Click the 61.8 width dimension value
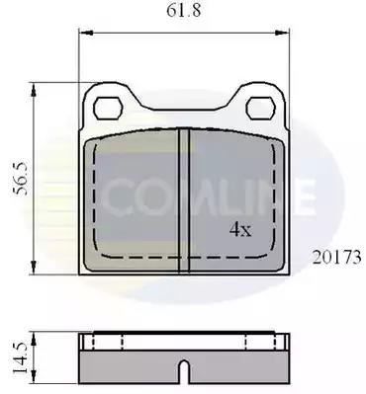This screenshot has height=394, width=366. click(183, 10)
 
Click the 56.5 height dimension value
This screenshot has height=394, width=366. click(22, 179)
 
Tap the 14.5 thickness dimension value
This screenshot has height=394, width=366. click(21, 357)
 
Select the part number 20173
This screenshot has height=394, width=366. click(336, 258)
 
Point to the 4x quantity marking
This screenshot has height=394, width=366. click(240, 229)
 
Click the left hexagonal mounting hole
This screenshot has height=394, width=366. click(108, 108)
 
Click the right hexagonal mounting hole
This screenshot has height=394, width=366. click(261, 108)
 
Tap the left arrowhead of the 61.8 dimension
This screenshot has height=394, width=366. click(86, 33)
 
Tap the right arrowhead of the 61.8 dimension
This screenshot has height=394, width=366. click(282, 33)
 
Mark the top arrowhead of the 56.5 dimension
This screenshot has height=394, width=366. click(33, 90)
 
